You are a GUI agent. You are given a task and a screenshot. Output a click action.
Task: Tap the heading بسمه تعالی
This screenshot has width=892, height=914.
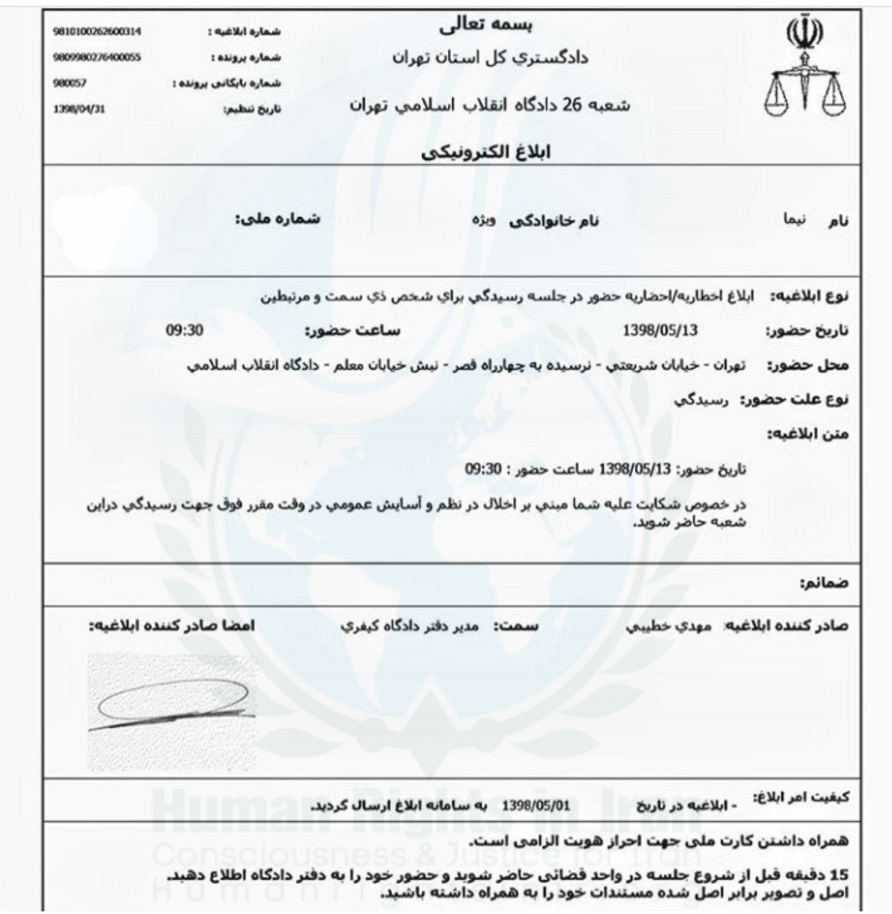pos(486,25)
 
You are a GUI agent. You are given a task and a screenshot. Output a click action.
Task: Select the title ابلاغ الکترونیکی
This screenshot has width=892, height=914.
pos(486,152)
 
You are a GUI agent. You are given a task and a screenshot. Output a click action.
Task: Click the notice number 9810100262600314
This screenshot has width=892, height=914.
pos(97,32)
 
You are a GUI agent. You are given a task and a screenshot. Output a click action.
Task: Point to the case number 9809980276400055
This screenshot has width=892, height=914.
pos(97,58)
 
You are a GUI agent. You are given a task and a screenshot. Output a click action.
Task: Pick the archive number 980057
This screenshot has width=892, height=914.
pos(70,84)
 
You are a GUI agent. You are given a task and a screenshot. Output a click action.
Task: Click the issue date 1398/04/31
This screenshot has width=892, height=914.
pos(79,109)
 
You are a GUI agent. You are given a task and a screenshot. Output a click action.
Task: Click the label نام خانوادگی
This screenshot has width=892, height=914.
pos(553,221)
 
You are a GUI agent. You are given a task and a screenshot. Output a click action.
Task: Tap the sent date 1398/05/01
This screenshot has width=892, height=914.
pos(536,805)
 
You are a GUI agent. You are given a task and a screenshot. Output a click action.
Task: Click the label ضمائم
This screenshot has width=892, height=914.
pos(824,583)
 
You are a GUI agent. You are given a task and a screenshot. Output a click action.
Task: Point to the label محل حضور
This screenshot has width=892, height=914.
pos(808,366)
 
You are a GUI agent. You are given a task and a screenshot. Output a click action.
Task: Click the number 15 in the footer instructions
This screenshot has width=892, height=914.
pos(841,875)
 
